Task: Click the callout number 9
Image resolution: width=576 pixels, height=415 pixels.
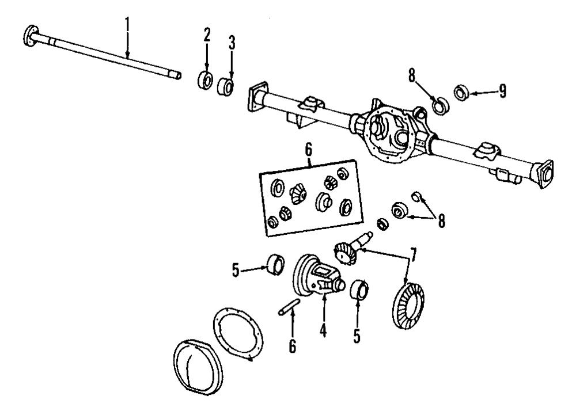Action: [502, 91]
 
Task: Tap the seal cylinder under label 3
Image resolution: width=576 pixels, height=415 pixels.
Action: [226, 87]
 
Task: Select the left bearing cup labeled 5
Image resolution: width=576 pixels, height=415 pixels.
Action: [276, 265]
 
